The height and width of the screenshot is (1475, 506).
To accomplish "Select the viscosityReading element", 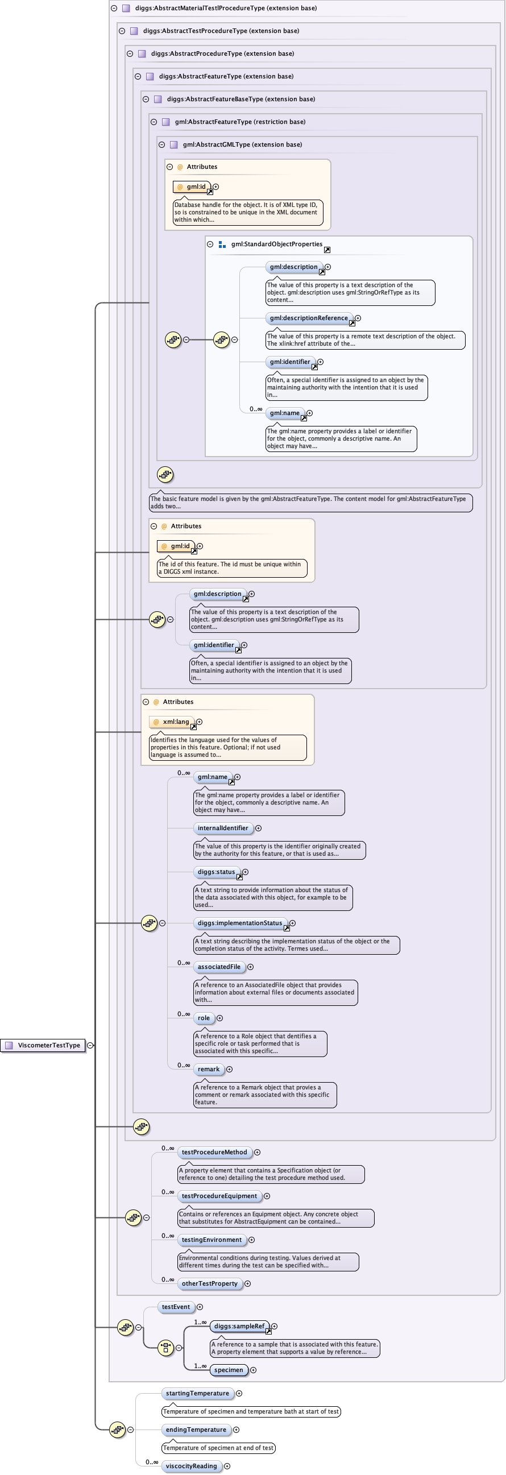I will (x=191, y=1466).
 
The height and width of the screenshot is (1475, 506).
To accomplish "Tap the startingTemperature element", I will (x=197, y=1393).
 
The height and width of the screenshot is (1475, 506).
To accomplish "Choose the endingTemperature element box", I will (x=196, y=1430).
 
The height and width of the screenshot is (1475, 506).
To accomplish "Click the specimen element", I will (x=229, y=1370).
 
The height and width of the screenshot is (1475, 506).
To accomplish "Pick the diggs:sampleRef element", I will (x=239, y=1326).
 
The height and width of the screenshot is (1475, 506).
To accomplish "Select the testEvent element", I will (x=175, y=1307).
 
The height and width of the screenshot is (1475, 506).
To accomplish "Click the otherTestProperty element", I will (x=209, y=1283).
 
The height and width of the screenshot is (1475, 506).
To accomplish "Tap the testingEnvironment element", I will (x=211, y=1240).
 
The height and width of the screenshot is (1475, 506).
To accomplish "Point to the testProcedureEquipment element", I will (x=219, y=1196).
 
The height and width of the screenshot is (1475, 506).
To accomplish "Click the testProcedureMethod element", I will (x=214, y=1152).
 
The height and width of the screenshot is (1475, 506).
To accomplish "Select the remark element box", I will (x=208, y=1069).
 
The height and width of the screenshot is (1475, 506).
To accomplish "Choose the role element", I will (x=204, y=1018).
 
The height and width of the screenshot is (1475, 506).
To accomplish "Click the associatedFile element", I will (x=219, y=967).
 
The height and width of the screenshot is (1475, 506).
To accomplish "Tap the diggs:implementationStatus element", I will (x=240, y=923).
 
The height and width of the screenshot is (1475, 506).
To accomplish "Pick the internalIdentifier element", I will (x=223, y=828).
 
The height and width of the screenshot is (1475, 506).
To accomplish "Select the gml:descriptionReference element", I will (x=309, y=318).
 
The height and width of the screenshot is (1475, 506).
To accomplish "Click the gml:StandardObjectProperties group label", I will (x=276, y=244).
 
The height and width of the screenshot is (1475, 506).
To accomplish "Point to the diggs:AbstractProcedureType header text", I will (x=222, y=53).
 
